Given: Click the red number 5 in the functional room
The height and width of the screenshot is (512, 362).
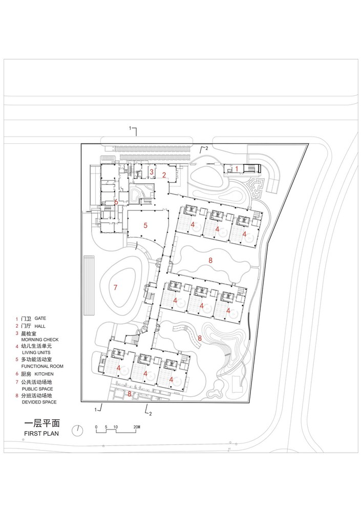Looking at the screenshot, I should point(145,225).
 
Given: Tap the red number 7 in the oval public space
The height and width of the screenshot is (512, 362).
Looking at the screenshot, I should point(116,288).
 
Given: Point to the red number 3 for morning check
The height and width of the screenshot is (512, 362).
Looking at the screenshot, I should point(152,172).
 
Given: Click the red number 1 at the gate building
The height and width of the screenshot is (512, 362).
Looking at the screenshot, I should point(237,168).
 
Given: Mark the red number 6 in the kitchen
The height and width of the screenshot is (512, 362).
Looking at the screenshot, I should point(116,202).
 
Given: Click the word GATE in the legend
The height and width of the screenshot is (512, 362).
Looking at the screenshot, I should point(40,318).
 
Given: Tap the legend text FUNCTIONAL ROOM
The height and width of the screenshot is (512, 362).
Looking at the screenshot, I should point(42,367).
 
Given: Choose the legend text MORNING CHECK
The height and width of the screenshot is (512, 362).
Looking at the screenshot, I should point(39,340).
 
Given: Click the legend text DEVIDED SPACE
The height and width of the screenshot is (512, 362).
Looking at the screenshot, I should point(39,402).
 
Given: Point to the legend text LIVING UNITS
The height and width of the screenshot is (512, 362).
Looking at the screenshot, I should point(36,353).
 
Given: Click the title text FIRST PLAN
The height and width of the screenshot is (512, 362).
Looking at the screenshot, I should point(42,434).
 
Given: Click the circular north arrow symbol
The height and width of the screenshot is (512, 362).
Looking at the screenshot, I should point(77,431).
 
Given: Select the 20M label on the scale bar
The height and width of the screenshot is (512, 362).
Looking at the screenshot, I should point(137,426).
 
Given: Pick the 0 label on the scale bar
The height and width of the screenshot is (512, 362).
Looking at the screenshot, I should point(96,426).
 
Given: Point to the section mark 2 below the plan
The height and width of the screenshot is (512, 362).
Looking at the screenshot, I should point(149,413).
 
